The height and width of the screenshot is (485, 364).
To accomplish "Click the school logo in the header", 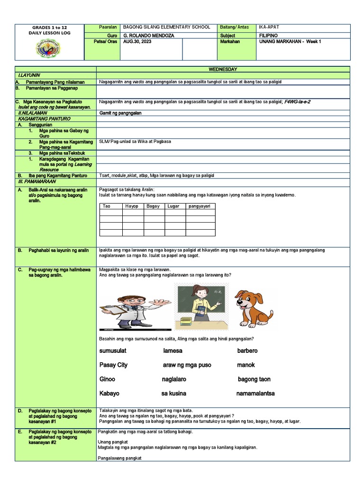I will tap(49, 49).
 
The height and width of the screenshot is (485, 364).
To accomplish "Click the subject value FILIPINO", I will tap(268, 36).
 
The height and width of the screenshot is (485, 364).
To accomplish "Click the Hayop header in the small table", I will tap(132, 206).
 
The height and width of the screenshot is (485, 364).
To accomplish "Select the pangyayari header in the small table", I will tap(200, 206).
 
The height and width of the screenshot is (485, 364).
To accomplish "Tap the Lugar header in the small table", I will tap(173, 206).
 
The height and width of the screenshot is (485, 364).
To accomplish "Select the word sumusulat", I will tap(113, 351).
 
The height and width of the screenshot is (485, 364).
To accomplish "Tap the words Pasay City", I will tap(113, 365).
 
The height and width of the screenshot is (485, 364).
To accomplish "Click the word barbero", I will tap(247, 351).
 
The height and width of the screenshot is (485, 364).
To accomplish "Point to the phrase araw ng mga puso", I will tap(187, 365).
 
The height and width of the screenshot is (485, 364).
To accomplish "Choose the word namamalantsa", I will tap(255, 394).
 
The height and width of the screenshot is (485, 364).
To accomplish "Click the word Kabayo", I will tap(109, 394).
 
